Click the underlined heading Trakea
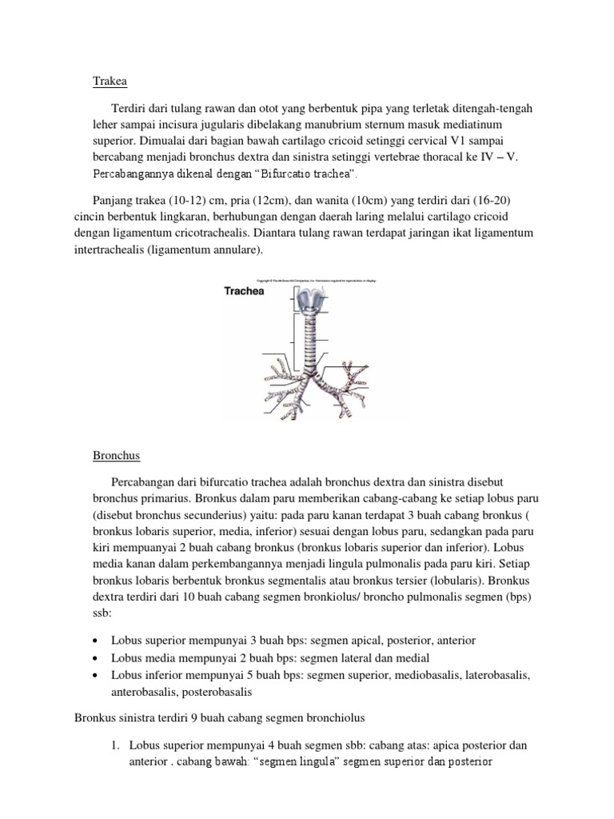110,81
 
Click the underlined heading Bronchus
116,455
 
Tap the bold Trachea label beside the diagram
243,291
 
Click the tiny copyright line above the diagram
326,280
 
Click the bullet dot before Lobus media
96,658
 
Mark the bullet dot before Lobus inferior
96,675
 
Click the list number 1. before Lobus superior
117,745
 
